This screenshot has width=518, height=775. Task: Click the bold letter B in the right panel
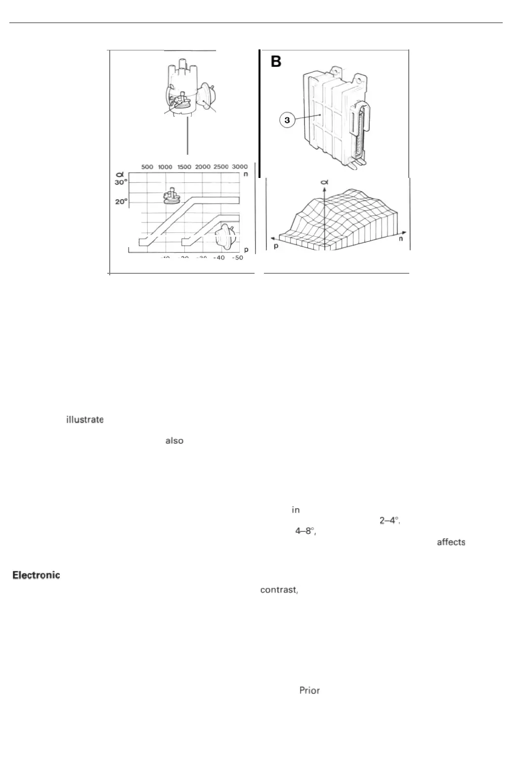(x=276, y=62)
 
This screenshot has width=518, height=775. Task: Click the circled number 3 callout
(x=287, y=120)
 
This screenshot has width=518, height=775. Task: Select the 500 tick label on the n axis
(x=147, y=167)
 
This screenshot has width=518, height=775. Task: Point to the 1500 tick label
(x=184, y=167)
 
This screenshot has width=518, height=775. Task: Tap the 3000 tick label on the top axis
(x=240, y=167)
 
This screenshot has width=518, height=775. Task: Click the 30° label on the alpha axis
(x=121, y=182)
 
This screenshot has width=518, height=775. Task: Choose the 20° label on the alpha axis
(x=121, y=202)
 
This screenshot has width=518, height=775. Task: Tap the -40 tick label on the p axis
(x=219, y=258)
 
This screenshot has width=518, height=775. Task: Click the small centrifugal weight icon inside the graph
(x=172, y=196)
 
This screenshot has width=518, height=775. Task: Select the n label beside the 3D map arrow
(x=401, y=239)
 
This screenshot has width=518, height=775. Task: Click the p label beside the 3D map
(x=276, y=246)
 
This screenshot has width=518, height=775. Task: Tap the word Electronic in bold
(x=36, y=575)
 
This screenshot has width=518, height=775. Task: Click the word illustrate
(x=85, y=420)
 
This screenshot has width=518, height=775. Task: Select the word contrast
(x=279, y=590)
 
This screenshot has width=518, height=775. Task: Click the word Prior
(x=309, y=690)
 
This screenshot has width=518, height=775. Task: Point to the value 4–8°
(x=305, y=531)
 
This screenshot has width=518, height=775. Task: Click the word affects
(x=451, y=542)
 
